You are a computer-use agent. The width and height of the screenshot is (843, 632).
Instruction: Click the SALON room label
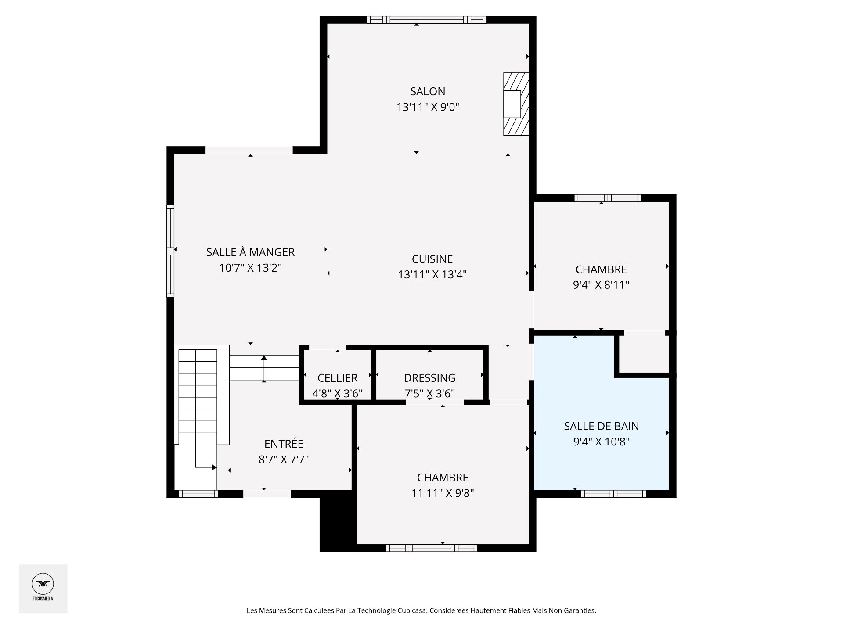pos(428,91)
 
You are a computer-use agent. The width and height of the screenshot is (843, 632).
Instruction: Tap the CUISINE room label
pos(432,259)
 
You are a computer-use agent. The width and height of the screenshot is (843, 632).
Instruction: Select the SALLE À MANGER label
pos(250,252)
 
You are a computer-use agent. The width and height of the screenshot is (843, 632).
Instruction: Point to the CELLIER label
pos(337,378)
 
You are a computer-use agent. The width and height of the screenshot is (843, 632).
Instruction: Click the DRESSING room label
pos(429,378)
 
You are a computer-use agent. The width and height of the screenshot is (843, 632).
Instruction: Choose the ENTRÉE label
pos(284,443)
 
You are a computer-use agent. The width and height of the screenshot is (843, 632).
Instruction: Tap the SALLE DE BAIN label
pos(601,426)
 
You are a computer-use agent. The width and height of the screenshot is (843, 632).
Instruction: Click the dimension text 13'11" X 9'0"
pos(428,107)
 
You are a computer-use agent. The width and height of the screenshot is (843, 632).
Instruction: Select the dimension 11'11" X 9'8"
pos(443,493)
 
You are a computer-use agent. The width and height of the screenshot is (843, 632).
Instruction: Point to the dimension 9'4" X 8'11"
pos(601,285)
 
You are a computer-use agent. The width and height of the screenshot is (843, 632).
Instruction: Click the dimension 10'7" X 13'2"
pos(250,268)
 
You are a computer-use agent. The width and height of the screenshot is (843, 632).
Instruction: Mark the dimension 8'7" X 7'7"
pos(284,460)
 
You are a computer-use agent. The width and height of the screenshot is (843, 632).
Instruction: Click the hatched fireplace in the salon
pos(516,104)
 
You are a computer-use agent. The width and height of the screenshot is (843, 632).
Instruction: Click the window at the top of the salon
pos(427,19)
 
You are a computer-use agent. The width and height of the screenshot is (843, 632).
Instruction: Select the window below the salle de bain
pos(613,494)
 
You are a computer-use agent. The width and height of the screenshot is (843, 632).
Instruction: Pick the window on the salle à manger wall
pos(170,251)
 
